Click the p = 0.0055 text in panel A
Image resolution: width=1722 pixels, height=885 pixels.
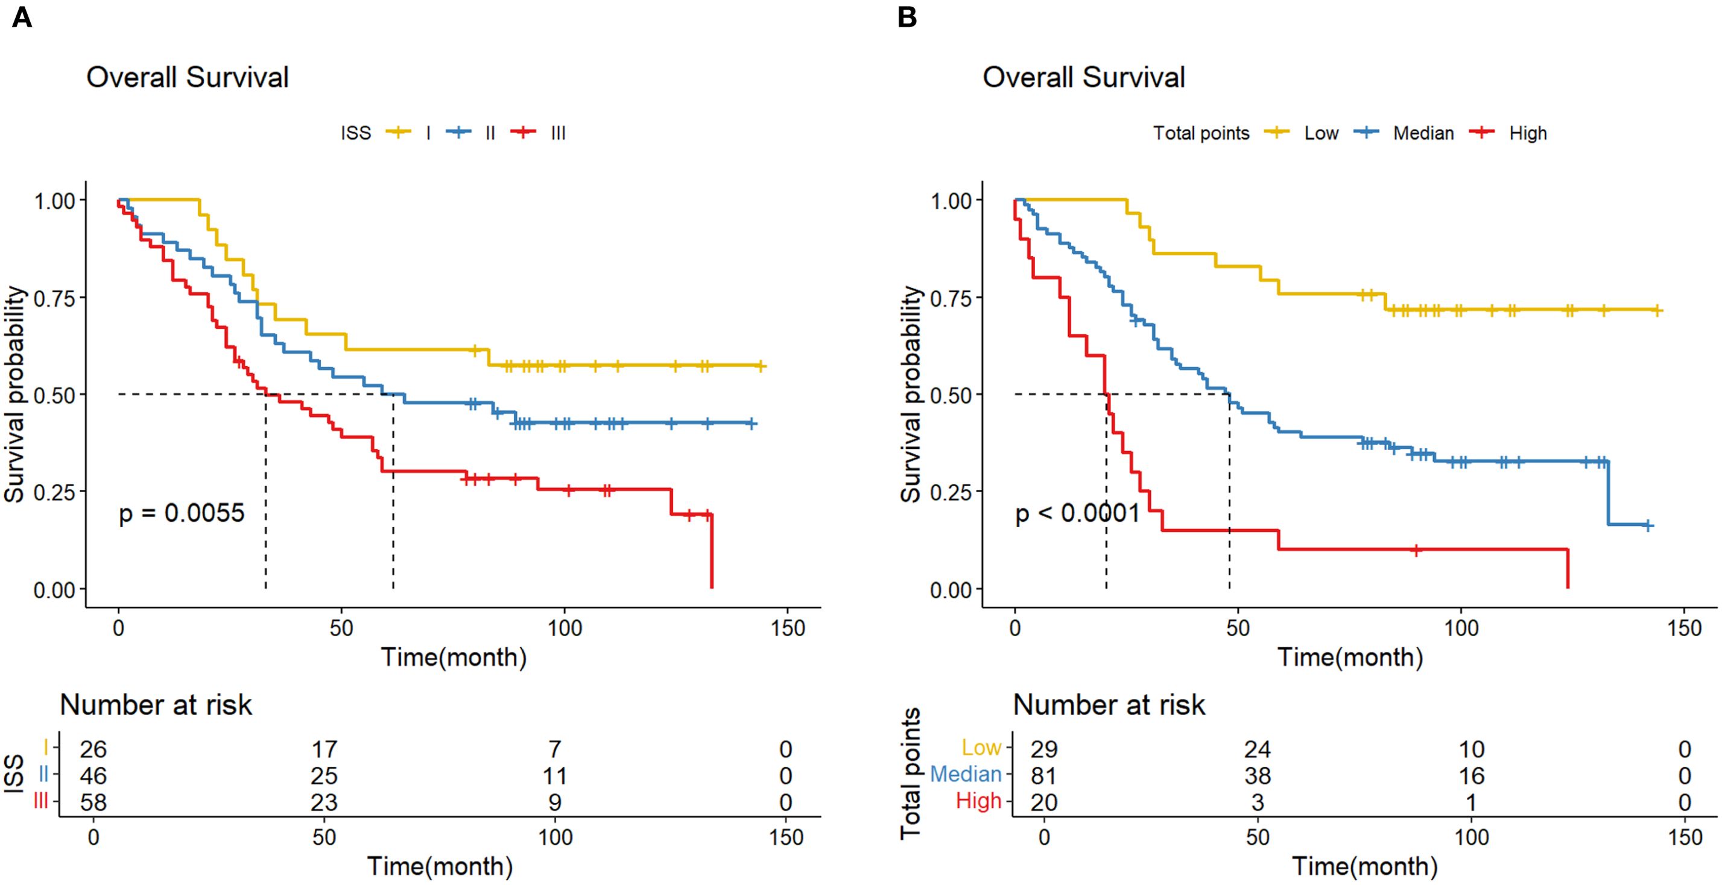(x=181, y=513)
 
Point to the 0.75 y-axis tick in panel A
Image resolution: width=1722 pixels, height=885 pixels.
(x=54, y=297)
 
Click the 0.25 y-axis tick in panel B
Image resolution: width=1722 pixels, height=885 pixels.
(x=951, y=492)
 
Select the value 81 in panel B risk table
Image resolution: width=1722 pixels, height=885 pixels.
(x=1043, y=775)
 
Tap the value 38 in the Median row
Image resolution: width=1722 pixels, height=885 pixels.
(x=1257, y=775)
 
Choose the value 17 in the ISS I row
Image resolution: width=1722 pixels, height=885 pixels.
(x=324, y=749)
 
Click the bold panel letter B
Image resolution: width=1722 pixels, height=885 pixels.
(x=907, y=17)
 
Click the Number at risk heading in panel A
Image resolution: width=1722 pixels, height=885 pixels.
(x=156, y=705)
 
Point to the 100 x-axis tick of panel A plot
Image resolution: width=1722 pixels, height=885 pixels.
(x=564, y=628)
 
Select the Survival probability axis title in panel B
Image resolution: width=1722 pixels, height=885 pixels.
(x=911, y=394)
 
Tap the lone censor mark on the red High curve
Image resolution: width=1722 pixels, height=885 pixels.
(x=1415, y=549)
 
